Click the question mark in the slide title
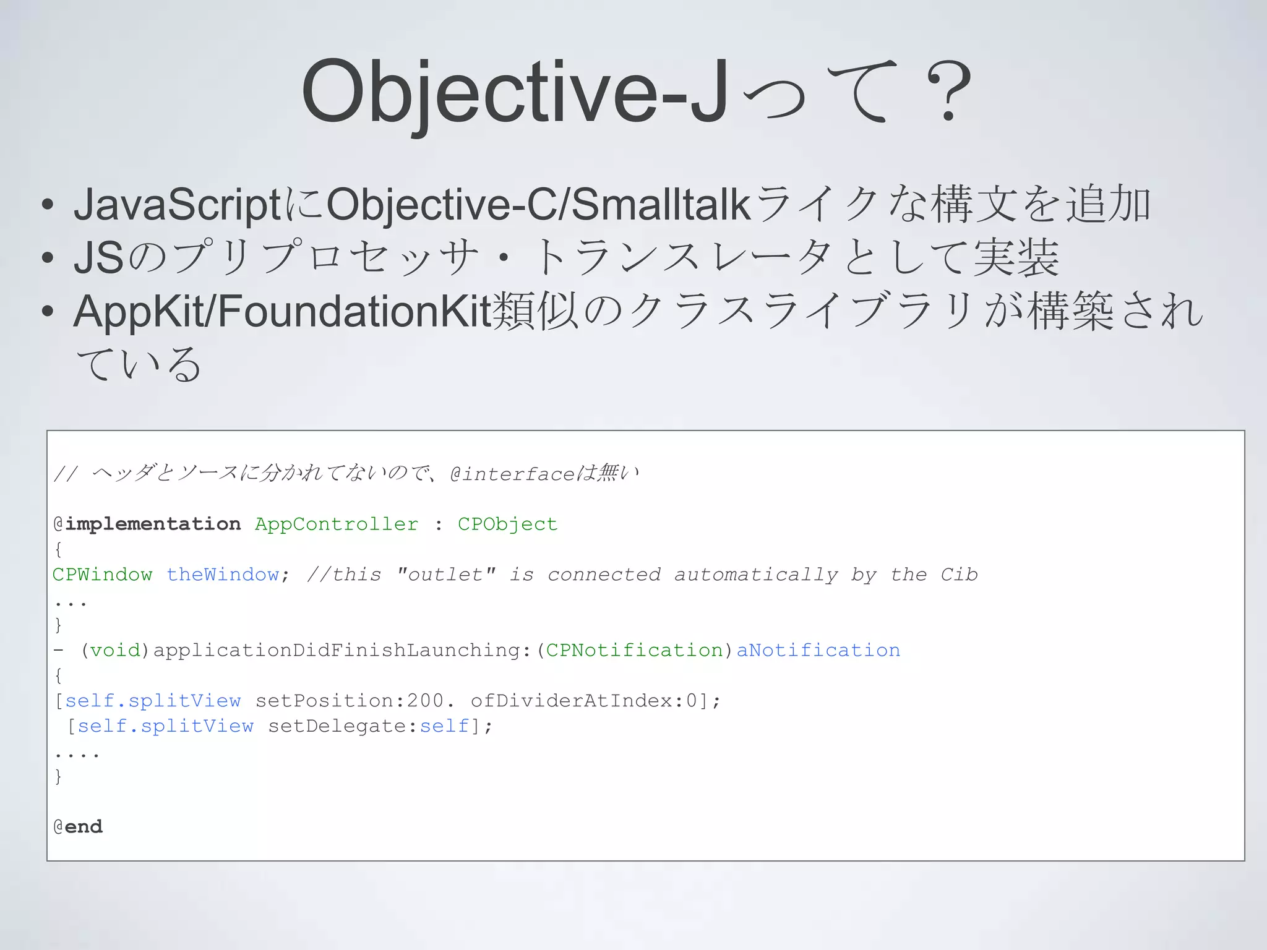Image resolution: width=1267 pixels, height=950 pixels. pyautogui.click(x=948, y=92)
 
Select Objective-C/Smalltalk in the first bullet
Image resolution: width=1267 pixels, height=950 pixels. pyautogui.click(x=538, y=205)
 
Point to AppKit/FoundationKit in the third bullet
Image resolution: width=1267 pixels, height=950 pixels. pyautogui.click(x=282, y=310)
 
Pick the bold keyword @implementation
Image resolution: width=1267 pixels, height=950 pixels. pyautogui.click(x=147, y=524)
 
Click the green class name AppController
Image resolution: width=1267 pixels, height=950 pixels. pyautogui.click(x=337, y=524)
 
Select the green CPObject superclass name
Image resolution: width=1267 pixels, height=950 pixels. pyautogui.click(x=507, y=524)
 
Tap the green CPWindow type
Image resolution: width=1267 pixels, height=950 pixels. pyautogui.click(x=102, y=575)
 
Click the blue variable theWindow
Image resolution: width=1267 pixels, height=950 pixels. pyautogui.click(x=223, y=575)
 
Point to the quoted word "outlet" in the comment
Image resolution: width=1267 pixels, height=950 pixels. pyautogui.click(x=445, y=575)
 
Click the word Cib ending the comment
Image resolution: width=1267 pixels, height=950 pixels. pyautogui.click(x=959, y=575)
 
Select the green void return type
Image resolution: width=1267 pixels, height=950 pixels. pyautogui.click(x=116, y=650)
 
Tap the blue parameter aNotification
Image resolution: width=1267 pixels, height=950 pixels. pyautogui.click(x=818, y=650)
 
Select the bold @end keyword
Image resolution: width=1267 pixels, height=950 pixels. pyautogui.click(x=79, y=827)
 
